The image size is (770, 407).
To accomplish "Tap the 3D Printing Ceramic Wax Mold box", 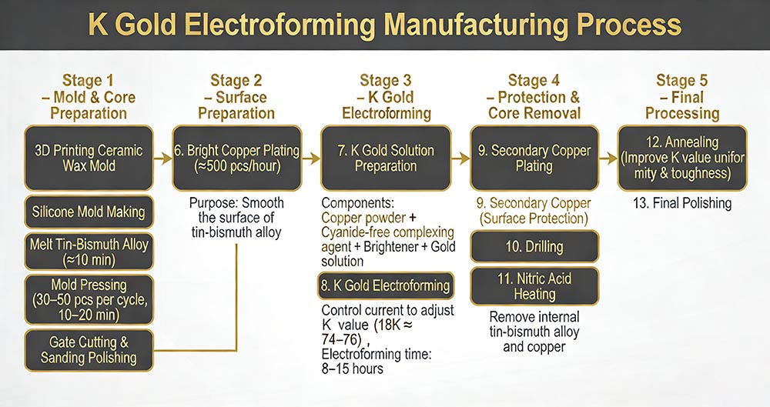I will pyautogui.click(x=89, y=158).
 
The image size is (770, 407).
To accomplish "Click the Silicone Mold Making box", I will pyautogui.click(x=89, y=211).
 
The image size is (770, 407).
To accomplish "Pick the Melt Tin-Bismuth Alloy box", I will pyautogui.click(x=89, y=250).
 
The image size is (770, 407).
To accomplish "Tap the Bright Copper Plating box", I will pyautogui.click(x=236, y=158).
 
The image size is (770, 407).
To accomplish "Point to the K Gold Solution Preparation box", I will pyautogui.click(x=386, y=158).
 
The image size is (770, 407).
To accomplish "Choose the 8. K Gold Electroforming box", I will pyautogui.click(x=385, y=285).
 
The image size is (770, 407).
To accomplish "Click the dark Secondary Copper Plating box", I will pyautogui.click(x=534, y=158).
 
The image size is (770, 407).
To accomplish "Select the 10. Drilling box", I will pyautogui.click(x=534, y=247).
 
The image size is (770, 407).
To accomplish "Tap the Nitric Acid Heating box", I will pyautogui.click(x=534, y=286).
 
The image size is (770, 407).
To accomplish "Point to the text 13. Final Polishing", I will pyautogui.click(x=682, y=204).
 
